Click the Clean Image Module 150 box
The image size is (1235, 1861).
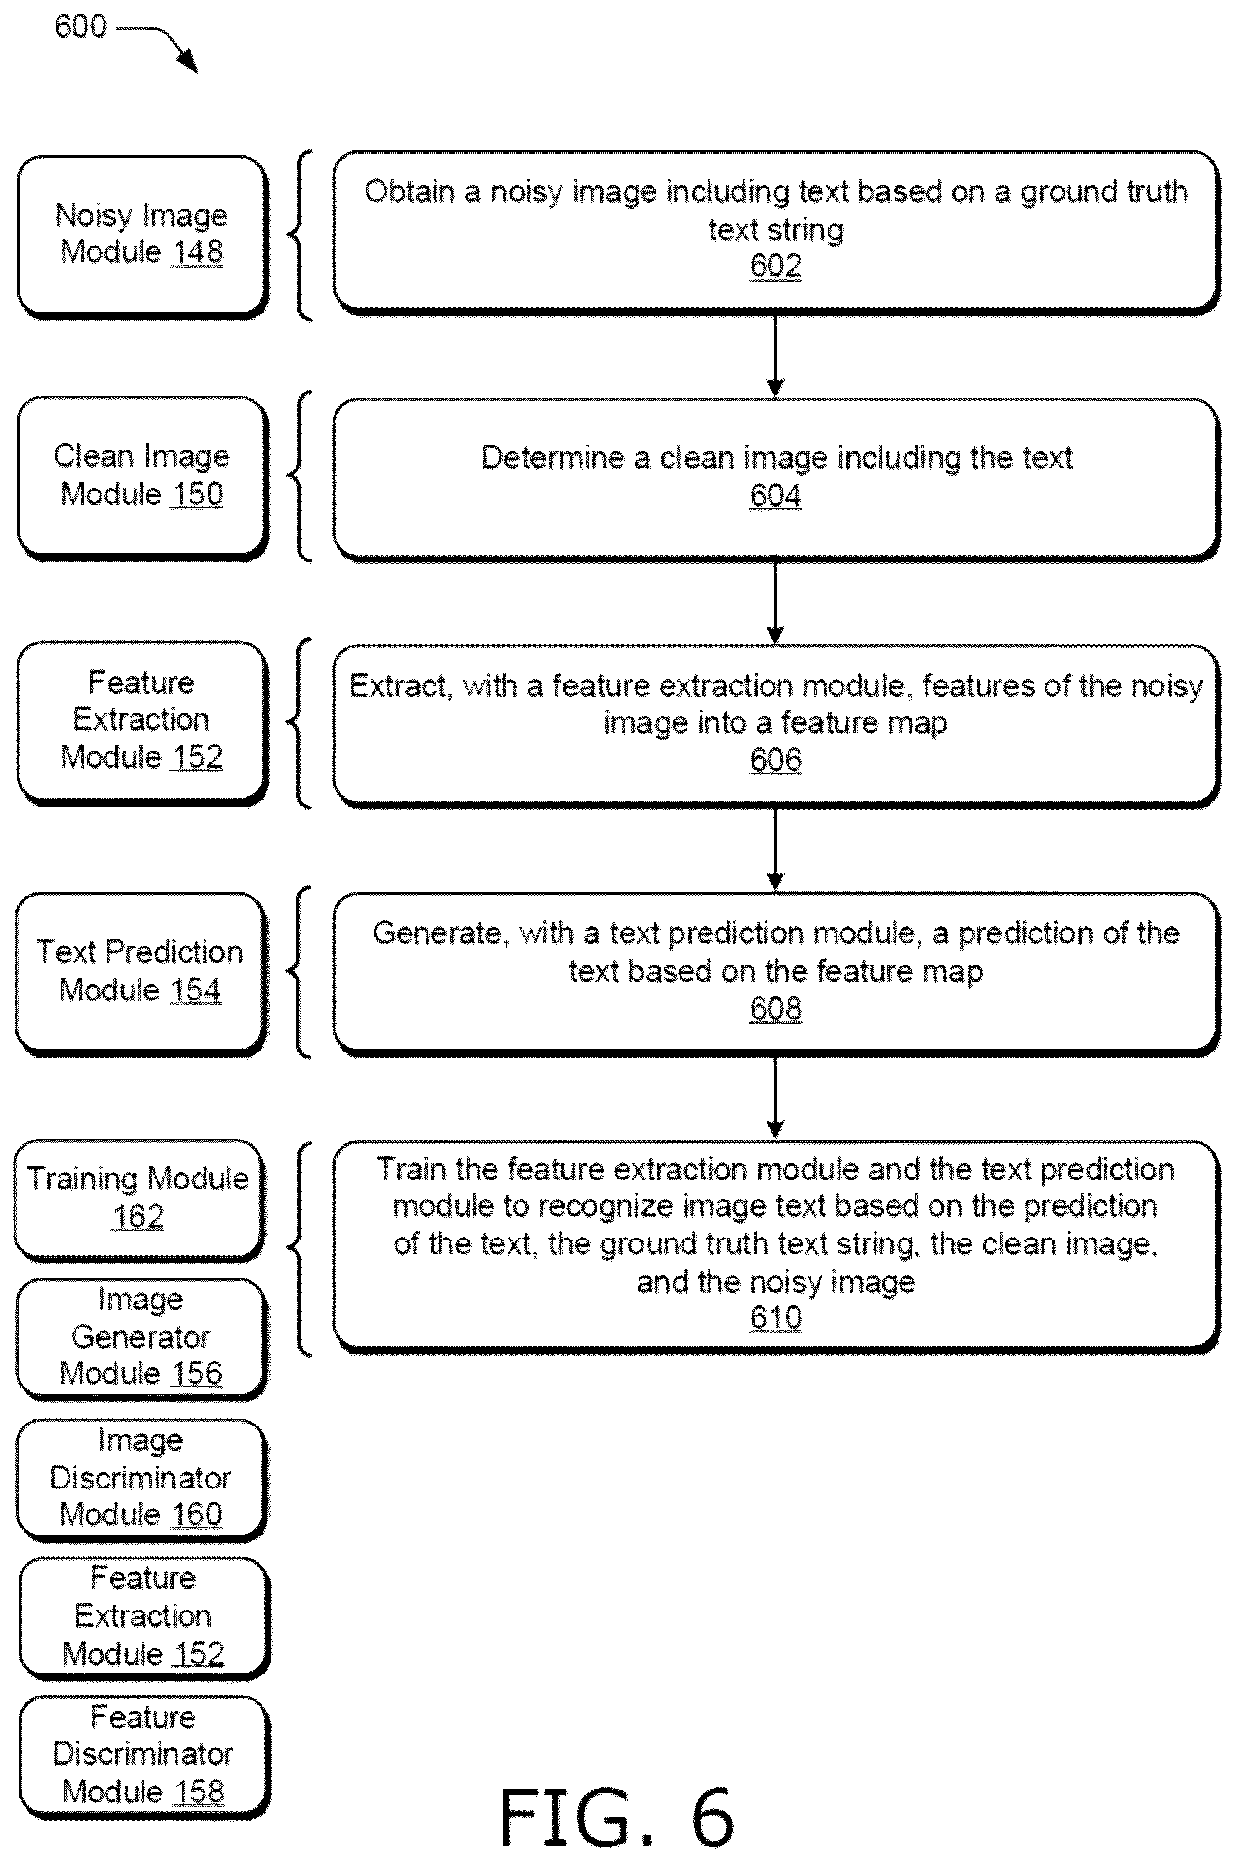coord(143,478)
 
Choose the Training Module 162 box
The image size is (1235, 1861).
coord(139,1200)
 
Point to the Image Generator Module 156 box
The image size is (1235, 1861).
coord(142,1338)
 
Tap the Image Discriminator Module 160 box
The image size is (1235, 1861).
coord(142,1479)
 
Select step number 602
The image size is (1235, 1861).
coord(776,265)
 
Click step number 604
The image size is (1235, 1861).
coord(776,495)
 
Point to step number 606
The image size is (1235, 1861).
coord(776,760)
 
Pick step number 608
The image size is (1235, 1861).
coord(776,1008)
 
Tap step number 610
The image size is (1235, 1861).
coord(776,1317)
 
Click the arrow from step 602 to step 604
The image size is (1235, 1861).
coord(775,357)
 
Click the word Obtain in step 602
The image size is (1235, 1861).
coord(409,191)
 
